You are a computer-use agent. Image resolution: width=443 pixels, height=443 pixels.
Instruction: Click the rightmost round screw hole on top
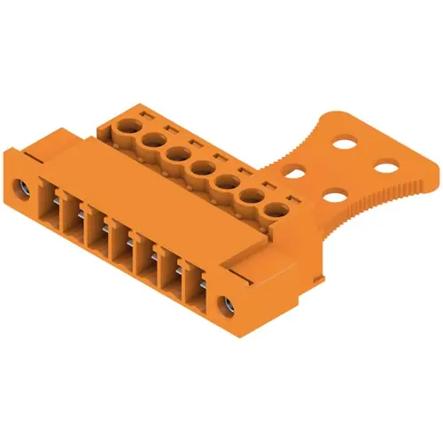point(278,211)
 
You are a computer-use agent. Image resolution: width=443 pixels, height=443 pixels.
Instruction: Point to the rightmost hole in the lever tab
point(387,166)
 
